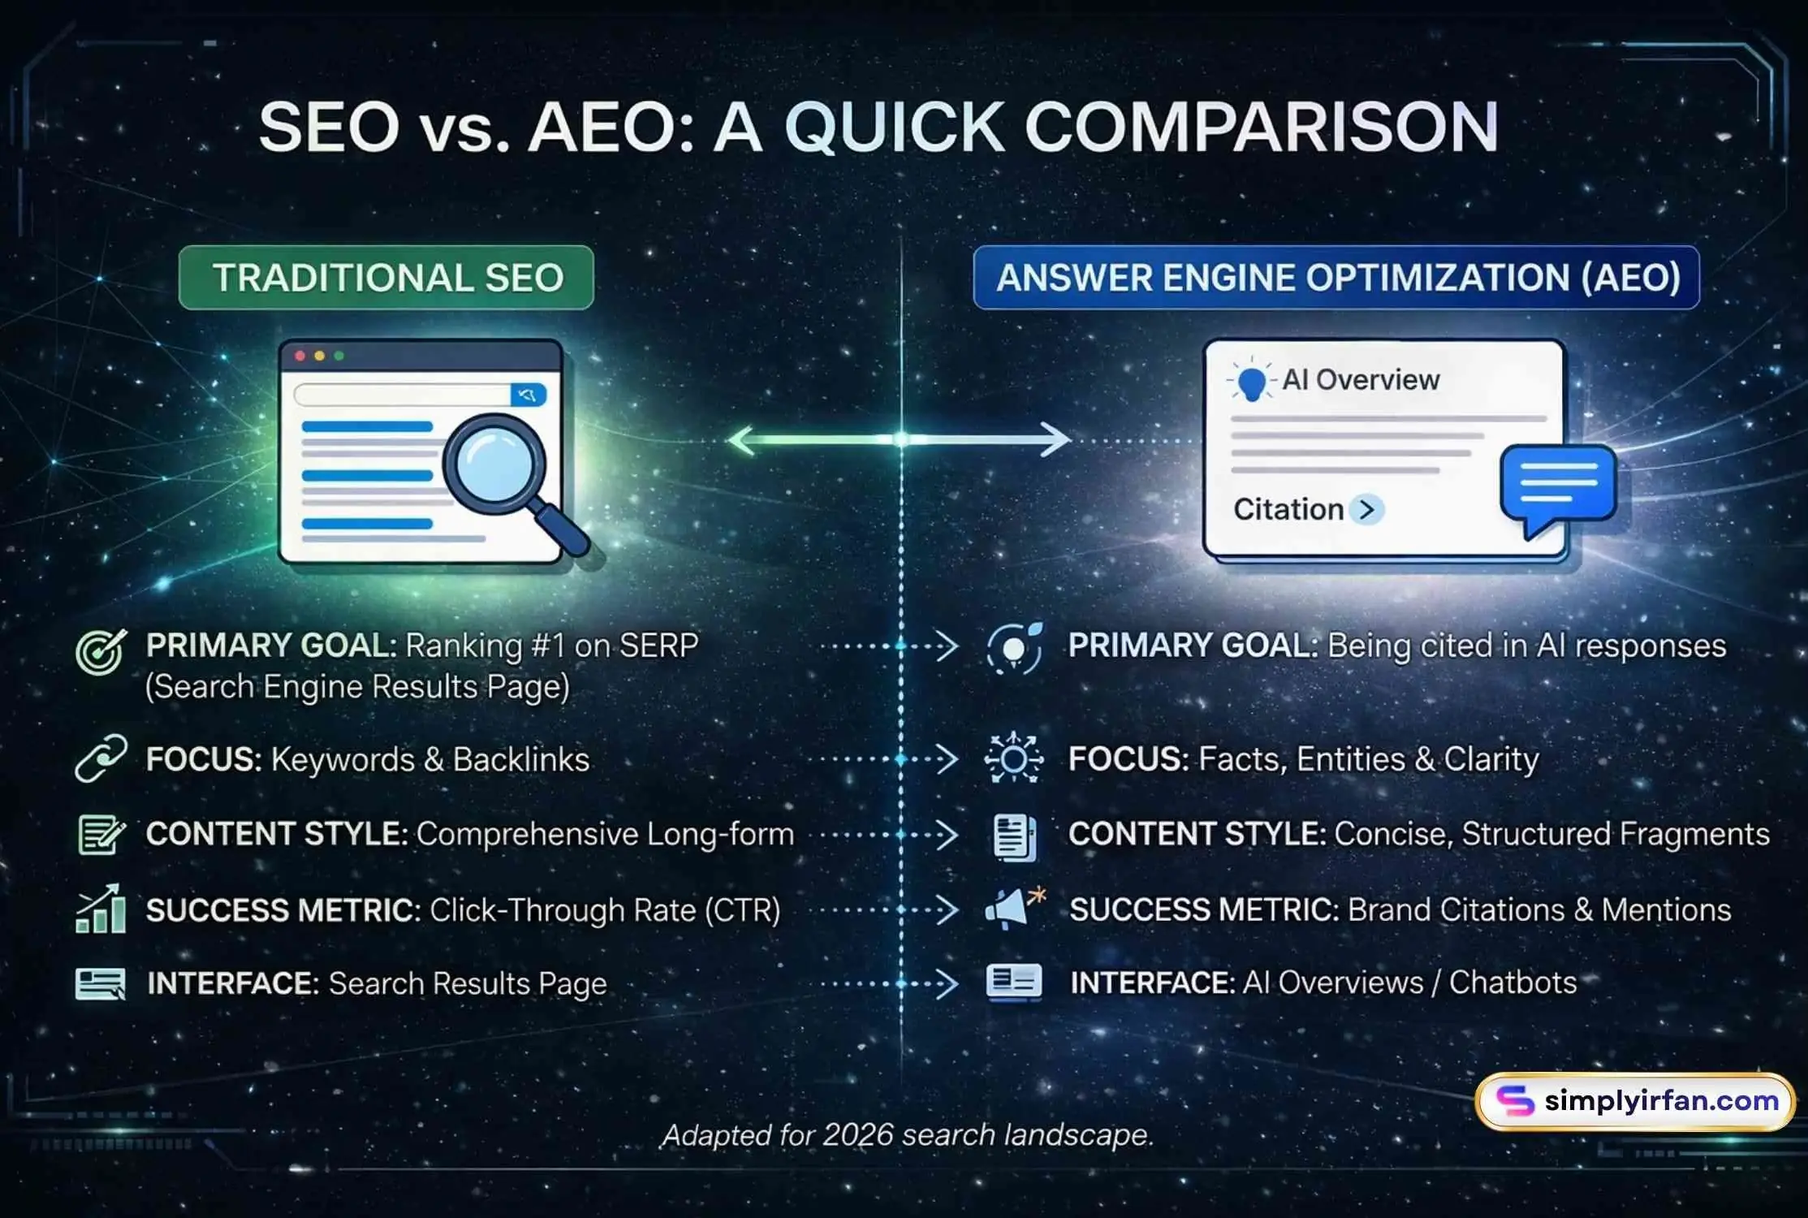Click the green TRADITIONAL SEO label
coord(386,278)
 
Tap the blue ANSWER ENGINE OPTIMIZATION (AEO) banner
coord(1336,278)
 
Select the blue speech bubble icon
coord(1557,486)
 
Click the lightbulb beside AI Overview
coord(1252,381)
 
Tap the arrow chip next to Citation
coord(1367,510)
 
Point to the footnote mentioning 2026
coord(908,1134)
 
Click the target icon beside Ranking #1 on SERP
coord(101,652)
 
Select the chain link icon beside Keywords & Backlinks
coord(101,758)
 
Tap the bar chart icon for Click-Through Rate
coord(101,909)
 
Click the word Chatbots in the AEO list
coord(1512,983)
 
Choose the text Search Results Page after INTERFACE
coord(468,983)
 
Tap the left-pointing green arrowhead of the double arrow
coord(741,440)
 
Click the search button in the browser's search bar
coord(528,395)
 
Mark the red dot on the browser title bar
coord(300,356)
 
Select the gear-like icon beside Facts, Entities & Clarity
coord(1013,758)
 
